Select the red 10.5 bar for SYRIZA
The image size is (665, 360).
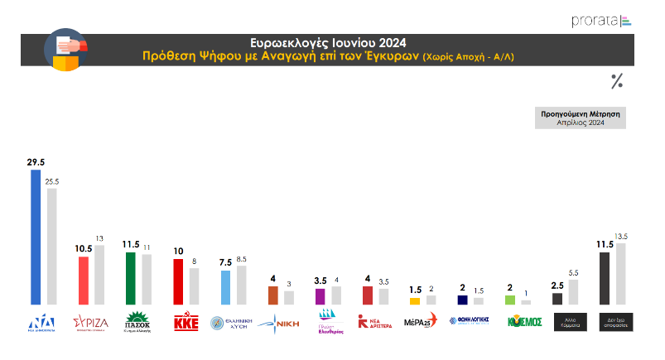coord(84,281)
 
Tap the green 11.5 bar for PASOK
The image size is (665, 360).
coord(130,279)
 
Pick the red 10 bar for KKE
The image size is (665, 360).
coord(178,282)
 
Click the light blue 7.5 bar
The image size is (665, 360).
coord(225,288)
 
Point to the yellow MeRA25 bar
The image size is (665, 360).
coord(415,301)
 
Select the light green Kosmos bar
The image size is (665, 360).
coord(509,300)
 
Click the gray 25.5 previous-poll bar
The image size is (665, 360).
coord(51,247)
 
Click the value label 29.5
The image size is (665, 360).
coord(36,164)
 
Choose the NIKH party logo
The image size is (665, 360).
coord(279,322)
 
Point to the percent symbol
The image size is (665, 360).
coord(616,80)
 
